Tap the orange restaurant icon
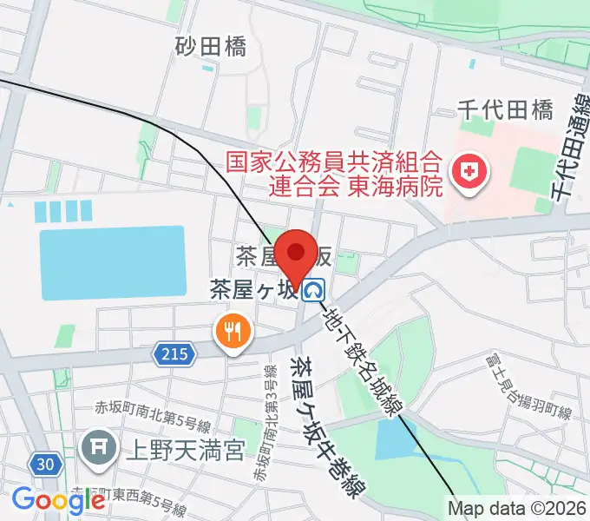231,330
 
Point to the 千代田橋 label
506,110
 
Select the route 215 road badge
174,353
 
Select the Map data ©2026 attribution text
518,509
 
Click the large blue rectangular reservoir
113,264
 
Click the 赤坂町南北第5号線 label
154,425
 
